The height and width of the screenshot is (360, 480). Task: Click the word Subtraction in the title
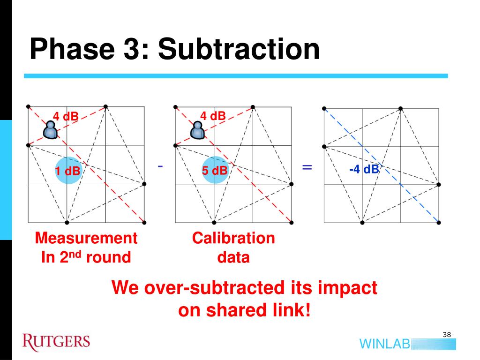(x=239, y=49)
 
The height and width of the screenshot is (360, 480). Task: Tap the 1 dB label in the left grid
(x=67, y=172)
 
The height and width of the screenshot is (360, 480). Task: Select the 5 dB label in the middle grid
(x=215, y=171)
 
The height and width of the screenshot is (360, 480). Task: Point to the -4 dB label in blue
(x=364, y=169)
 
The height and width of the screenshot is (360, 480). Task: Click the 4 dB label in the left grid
(x=65, y=116)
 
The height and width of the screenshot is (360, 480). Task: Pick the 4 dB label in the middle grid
(x=213, y=116)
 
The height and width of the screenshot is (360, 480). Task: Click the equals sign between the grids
(x=307, y=167)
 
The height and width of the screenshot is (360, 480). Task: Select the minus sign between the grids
(x=160, y=166)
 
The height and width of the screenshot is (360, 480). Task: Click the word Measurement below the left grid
(x=86, y=238)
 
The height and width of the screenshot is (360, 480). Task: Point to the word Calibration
(x=233, y=238)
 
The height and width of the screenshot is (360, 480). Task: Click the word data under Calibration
(x=233, y=257)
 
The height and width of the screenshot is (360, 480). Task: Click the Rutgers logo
(x=56, y=341)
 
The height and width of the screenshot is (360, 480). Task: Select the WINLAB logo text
(x=384, y=344)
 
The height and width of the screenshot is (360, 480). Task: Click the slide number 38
(x=446, y=334)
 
